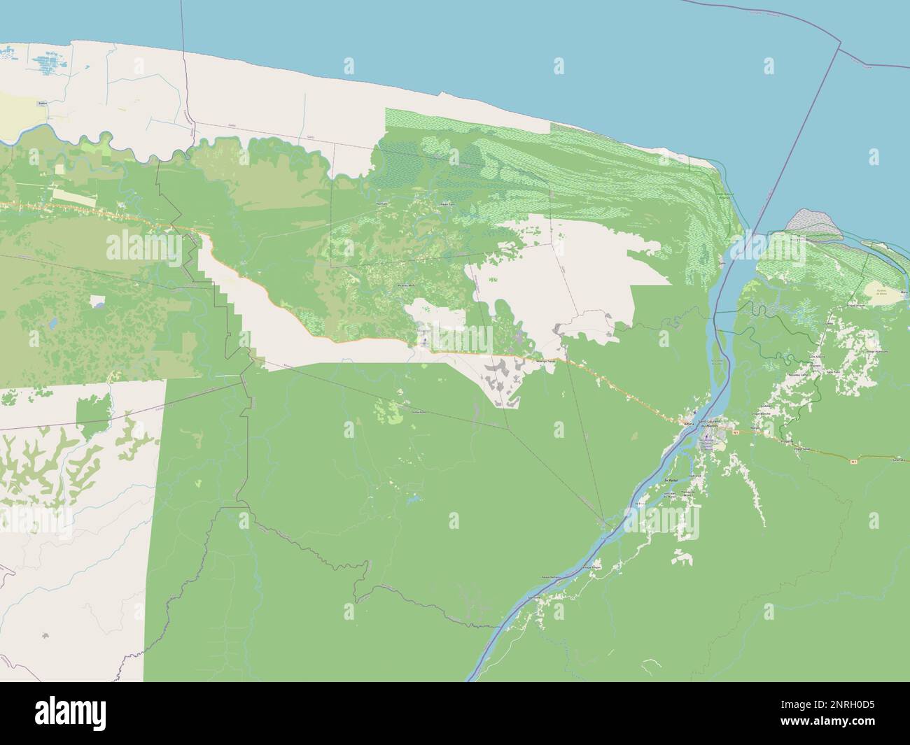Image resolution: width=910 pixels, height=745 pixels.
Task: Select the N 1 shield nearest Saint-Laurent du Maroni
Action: [x=736, y=432]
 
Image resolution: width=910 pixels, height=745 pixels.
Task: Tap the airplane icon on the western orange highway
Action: [x=426, y=342]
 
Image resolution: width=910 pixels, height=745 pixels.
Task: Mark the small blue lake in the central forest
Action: [x=412, y=500]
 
